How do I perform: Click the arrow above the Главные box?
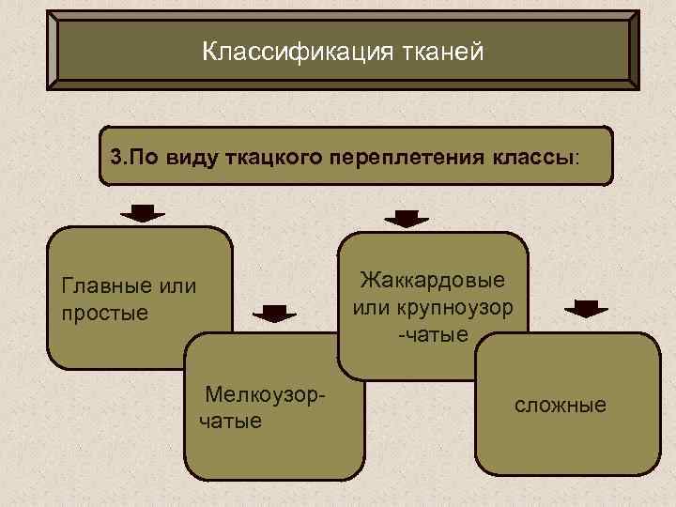143,212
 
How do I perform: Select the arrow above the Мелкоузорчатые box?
274,315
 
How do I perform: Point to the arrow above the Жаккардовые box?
406,218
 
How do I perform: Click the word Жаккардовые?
432,280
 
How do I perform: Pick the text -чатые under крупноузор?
433,334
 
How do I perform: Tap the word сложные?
560,406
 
